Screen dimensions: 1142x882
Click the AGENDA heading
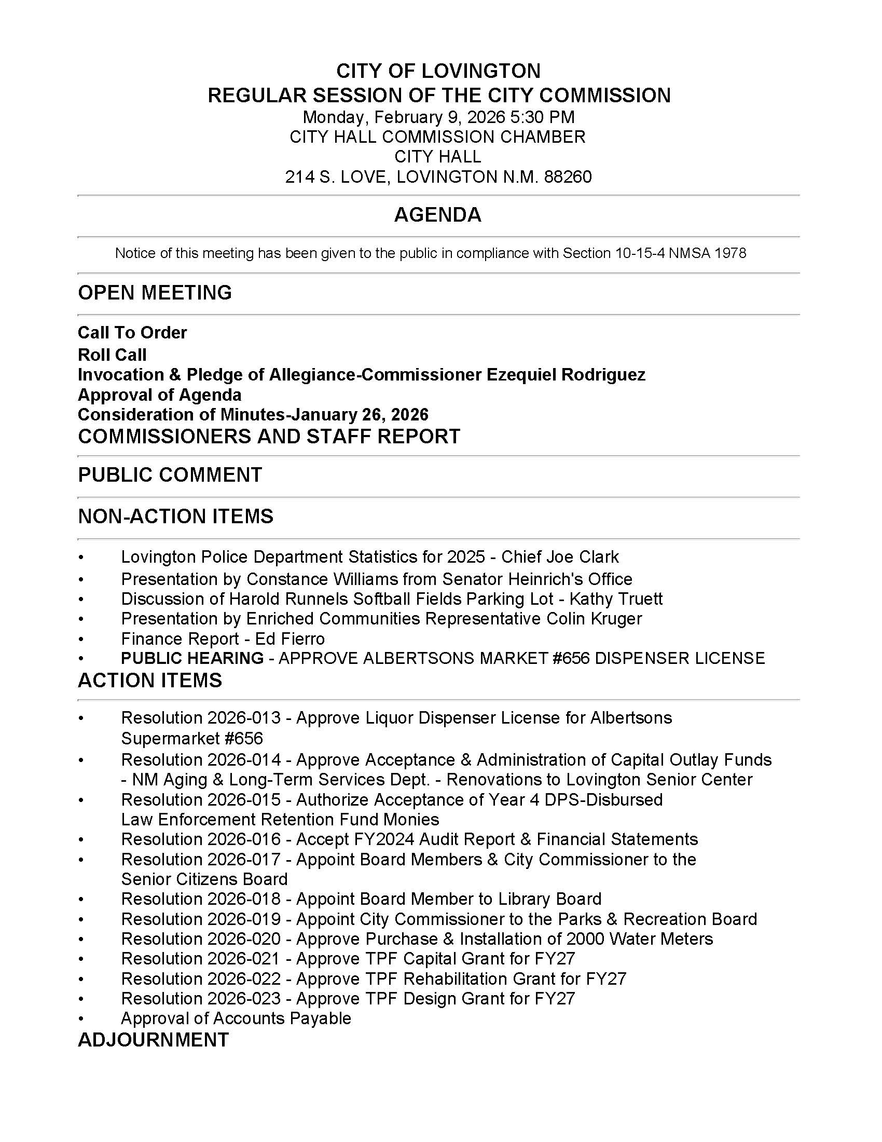(437, 215)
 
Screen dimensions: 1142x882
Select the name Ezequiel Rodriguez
(566, 374)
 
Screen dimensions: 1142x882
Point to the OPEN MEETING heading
(155, 293)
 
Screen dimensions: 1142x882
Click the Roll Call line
(112, 355)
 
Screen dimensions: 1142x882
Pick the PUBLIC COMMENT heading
(170, 475)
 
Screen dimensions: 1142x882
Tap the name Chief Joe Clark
(560, 557)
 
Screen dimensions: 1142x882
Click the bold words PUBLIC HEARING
(192, 658)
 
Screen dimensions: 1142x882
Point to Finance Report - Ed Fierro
(223, 638)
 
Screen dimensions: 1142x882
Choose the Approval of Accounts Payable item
(236, 1018)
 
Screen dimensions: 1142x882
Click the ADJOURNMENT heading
(153, 1040)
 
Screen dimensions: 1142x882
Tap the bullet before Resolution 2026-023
(81, 999)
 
